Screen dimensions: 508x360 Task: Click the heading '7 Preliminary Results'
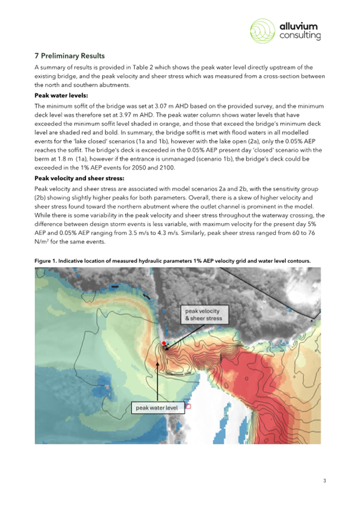[x=70, y=55]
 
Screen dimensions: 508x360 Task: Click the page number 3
[x=324, y=481]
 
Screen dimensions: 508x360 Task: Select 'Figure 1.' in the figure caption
[x=46, y=260]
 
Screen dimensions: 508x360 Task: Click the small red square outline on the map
[x=187, y=406]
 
